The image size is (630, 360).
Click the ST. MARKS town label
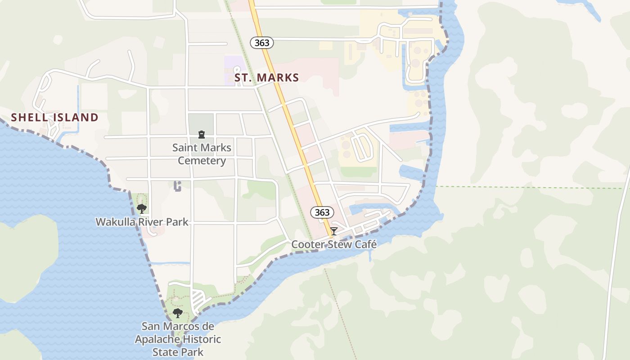point(267,78)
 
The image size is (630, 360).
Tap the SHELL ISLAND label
point(54,118)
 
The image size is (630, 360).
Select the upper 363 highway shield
point(261,43)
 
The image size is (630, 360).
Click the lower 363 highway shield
point(322,212)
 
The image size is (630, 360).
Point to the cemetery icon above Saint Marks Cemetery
point(201,135)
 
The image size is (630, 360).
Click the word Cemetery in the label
point(202,161)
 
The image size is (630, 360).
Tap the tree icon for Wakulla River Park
point(142,208)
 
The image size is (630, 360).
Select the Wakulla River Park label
point(142,222)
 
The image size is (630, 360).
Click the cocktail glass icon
point(333,231)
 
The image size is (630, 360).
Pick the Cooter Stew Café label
point(333,244)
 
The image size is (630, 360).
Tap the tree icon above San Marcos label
point(177,313)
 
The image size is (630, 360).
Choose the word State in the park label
point(165,352)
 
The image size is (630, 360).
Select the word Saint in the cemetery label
point(185,148)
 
